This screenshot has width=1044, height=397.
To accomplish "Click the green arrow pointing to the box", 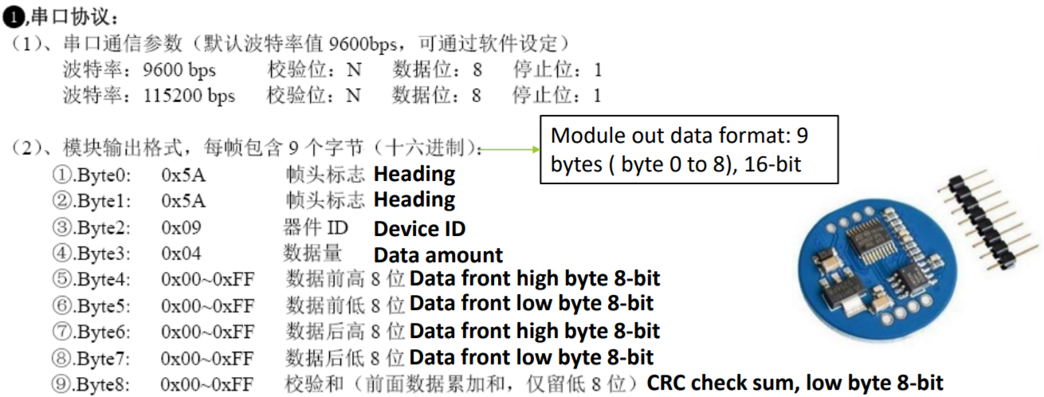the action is [509, 150].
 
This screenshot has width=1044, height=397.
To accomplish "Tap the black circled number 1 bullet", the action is [13, 18].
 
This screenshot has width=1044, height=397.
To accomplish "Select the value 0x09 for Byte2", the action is [181, 227].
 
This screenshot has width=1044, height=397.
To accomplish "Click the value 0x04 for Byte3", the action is [181, 254].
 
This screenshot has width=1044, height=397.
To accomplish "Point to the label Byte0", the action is [103, 175].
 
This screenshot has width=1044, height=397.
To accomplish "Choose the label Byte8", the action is [102, 385].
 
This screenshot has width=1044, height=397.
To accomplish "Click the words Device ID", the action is [419, 229].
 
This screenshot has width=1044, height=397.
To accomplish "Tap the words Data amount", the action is [438, 255].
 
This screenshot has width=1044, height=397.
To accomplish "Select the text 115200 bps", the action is [189, 96].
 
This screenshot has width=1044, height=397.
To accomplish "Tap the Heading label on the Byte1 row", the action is [414, 200].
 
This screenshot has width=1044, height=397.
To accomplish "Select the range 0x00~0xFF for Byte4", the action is [208, 280].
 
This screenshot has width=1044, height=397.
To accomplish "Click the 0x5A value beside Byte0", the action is [183, 175].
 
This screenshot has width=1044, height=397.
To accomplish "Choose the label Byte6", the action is [103, 332].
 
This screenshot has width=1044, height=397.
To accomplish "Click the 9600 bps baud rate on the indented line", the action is [179, 70].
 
